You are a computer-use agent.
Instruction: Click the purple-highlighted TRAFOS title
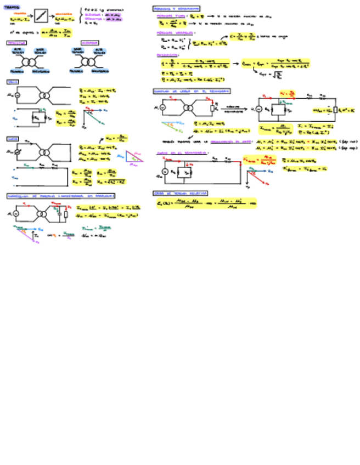point(10,7)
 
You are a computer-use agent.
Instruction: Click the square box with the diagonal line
point(41,16)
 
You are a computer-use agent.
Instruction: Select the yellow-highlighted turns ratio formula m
point(57,33)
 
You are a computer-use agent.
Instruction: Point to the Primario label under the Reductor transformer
point(18,71)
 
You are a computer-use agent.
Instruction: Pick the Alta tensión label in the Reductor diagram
point(18,51)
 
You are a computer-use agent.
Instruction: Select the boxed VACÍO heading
point(12,82)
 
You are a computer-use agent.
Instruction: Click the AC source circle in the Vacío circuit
point(16,95)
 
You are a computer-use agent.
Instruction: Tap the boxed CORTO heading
point(13,139)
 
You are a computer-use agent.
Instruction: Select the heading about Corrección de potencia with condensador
point(60,196)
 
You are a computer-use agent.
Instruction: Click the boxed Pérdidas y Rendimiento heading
point(176,9)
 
